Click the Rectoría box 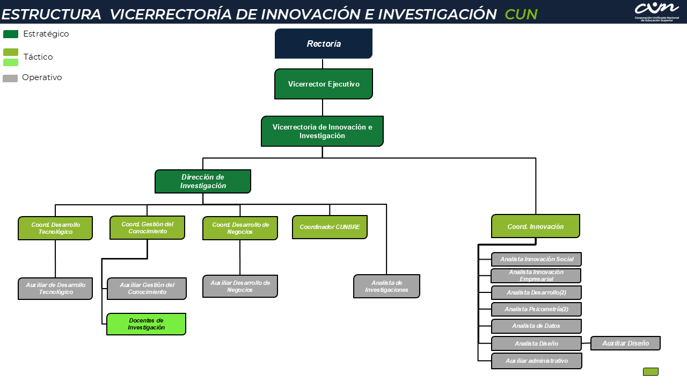coord(324,44)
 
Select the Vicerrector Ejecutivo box coord(324,84)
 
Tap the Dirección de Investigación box coord(203,181)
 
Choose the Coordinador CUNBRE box coord(330,227)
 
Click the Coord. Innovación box coord(536,226)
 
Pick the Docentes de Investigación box coord(147,324)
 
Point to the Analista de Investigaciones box coord(386,286)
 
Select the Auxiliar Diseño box coord(625,343)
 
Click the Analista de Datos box coord(536,326)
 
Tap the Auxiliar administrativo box coord(536,361)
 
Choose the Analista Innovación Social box coord(536,259)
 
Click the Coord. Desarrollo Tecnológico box coord(55,228)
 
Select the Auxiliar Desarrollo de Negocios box coord(240,286)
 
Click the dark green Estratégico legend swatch coord(11,34)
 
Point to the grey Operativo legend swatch coord(10,78)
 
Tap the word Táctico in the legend coord(38,57)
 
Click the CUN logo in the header coord(656,12)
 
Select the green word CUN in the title coord(521,14)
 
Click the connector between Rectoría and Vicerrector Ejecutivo coord(323,63)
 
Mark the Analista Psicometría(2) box coord(536,309)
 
